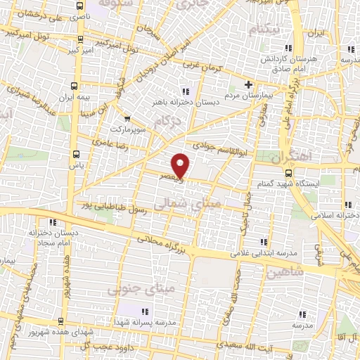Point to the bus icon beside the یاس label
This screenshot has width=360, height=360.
point(76,153)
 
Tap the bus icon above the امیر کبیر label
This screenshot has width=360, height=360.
point(82,40)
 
